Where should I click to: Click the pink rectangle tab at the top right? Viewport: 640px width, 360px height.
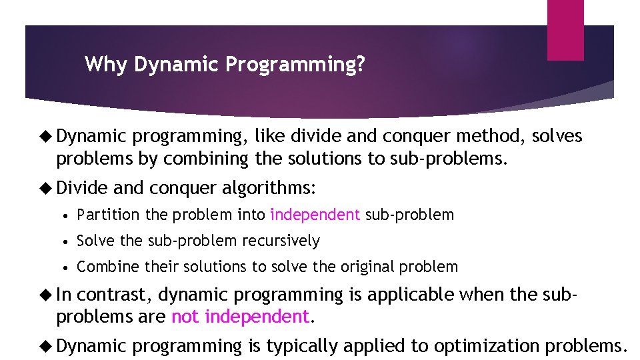[565, 29]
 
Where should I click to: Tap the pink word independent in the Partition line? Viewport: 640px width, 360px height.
[315, 215]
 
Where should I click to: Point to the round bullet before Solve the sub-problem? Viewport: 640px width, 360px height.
[68, 241]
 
